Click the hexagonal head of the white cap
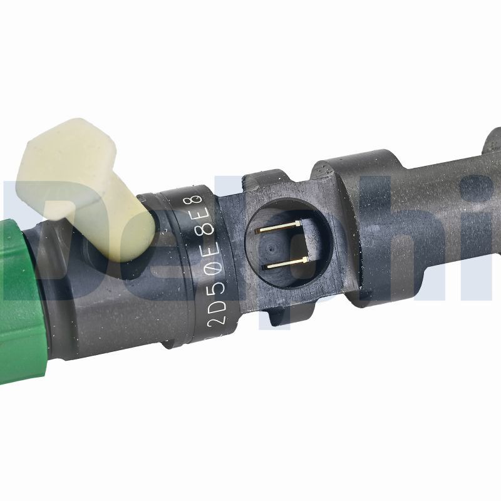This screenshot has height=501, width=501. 63,157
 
